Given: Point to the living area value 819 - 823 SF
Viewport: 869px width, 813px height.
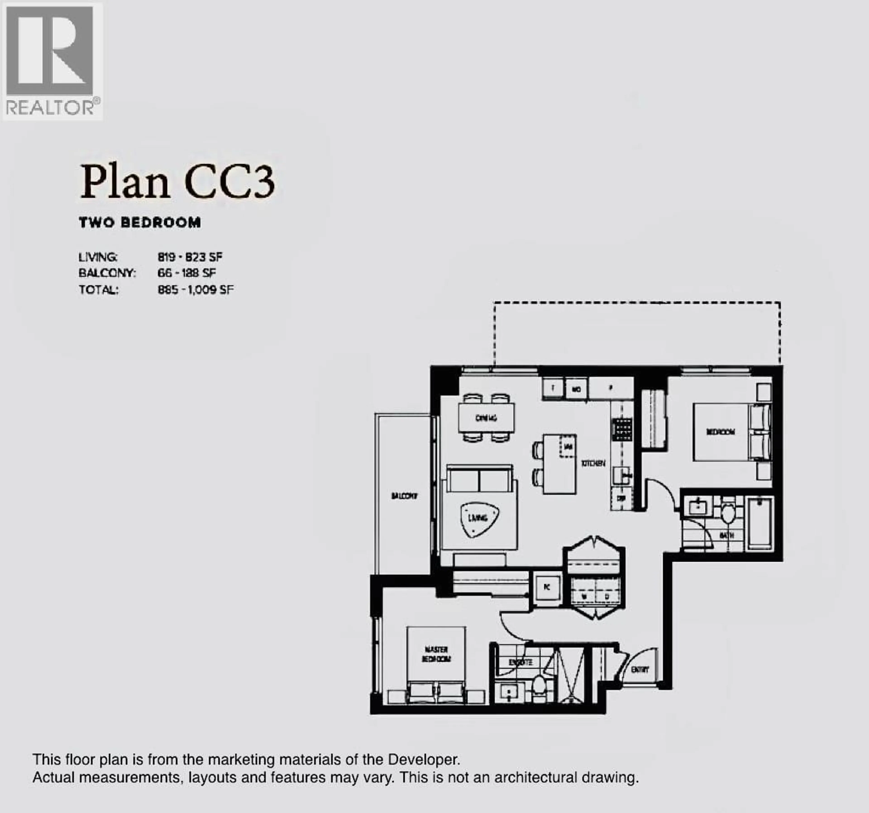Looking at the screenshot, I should coord(190,257).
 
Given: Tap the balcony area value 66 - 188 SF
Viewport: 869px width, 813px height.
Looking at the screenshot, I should coord(187,273).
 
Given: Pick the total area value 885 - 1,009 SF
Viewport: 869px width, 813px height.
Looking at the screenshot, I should coord(195,290).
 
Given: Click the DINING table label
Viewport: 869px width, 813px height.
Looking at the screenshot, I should coord(486,418).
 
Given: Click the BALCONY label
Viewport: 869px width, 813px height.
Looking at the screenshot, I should coord(404,496).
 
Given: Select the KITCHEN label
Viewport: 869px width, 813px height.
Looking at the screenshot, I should coord(593,463).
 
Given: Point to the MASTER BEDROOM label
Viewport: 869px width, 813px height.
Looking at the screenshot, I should coord(436,654).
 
